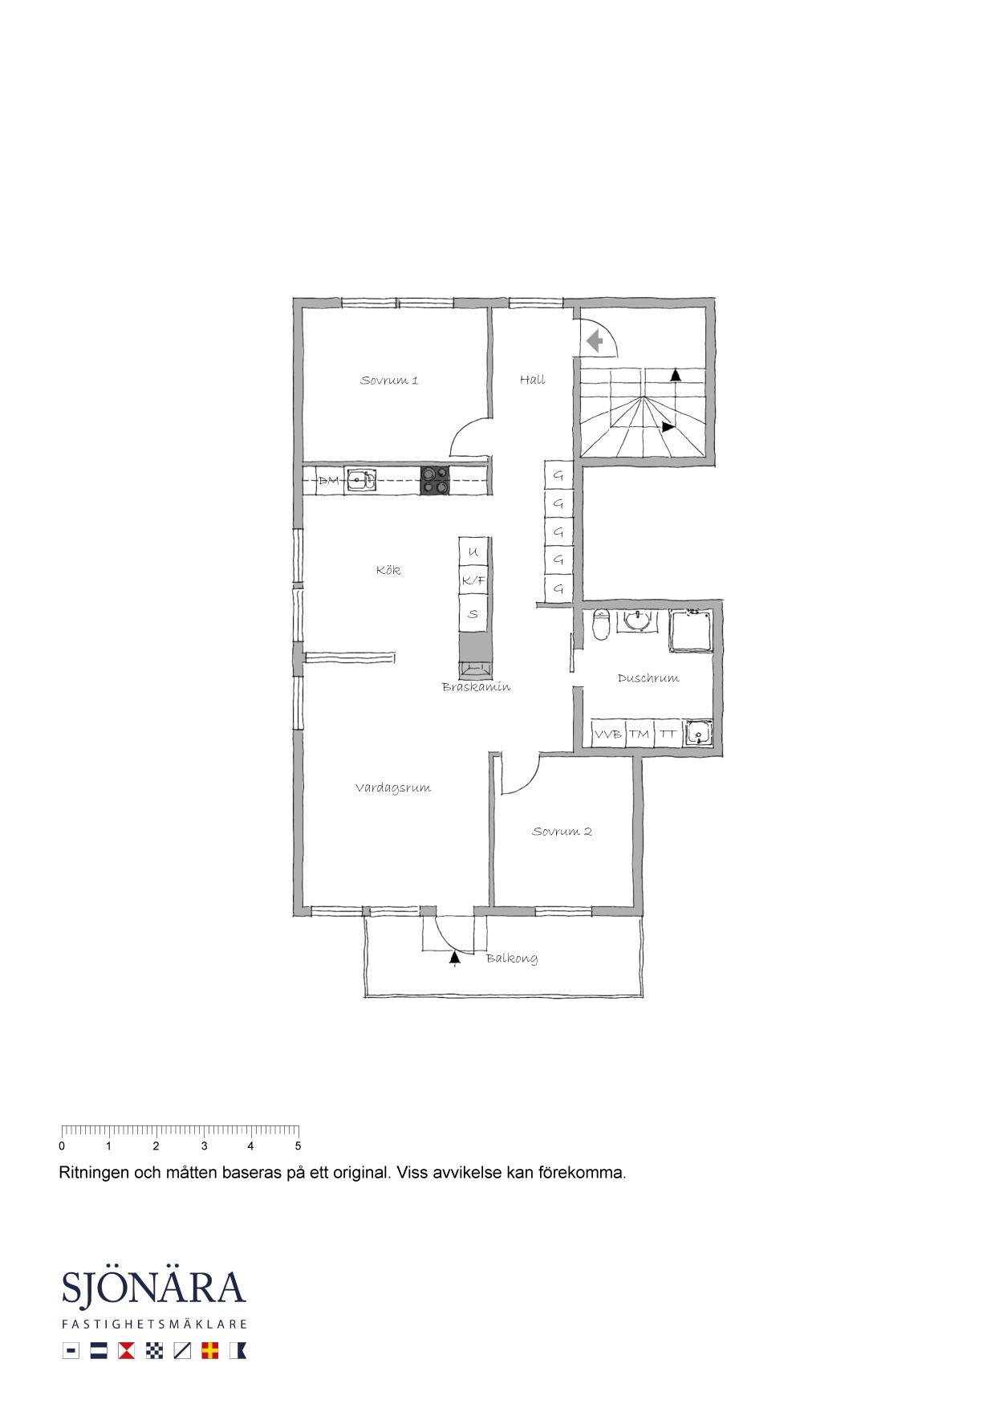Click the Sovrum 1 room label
(x=389, y=380)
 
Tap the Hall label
(x=532, y=380)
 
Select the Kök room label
(x=388, y=570)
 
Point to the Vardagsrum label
(x=393, y=788)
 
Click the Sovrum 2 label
(x=562, y=832)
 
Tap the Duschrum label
(x=648, y=678)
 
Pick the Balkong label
(x=512, y=958)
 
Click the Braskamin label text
(x=476, y=687)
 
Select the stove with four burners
(x=435, y=480)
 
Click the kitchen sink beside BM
(x=361, y=480)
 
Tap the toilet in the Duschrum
(x=601, y=625)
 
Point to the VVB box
(x=607, y=734)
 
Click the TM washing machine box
(x=639, y=734)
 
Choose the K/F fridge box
(x=473, y=580)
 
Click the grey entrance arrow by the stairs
(x=595, y=342)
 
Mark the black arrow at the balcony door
(x=455, y=956)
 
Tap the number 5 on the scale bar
(x=298, y=1146)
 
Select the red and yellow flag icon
(x=210, y=1351)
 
